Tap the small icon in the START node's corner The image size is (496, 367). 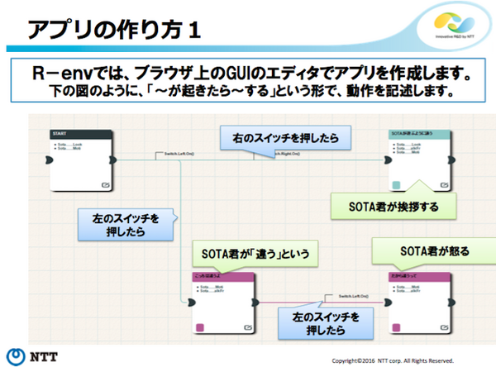(x=107, y=185)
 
